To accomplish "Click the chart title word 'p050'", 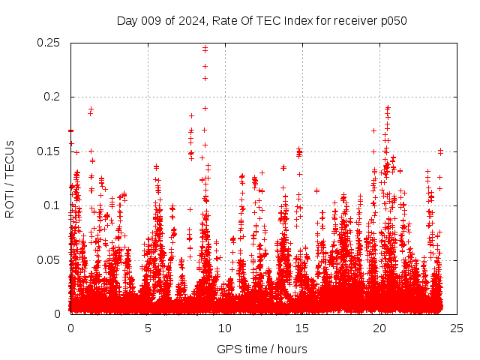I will [x=393, y=20].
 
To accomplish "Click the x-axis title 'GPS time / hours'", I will [x=262, y=349].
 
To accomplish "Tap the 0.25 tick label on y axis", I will [x=50, y=43].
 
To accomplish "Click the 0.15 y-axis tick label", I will [x=50, y=151].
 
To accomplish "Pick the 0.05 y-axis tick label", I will [x=50, y=259].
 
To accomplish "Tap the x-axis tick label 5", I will [x=148, y=328].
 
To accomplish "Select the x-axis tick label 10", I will [x=225, y=328].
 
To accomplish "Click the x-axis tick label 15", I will [x=302, y=328].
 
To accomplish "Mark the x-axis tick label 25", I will [x=457, y=328].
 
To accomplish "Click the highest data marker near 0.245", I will [x=205, y=47].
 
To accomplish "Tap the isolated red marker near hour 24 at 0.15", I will [x=441, y=151].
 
